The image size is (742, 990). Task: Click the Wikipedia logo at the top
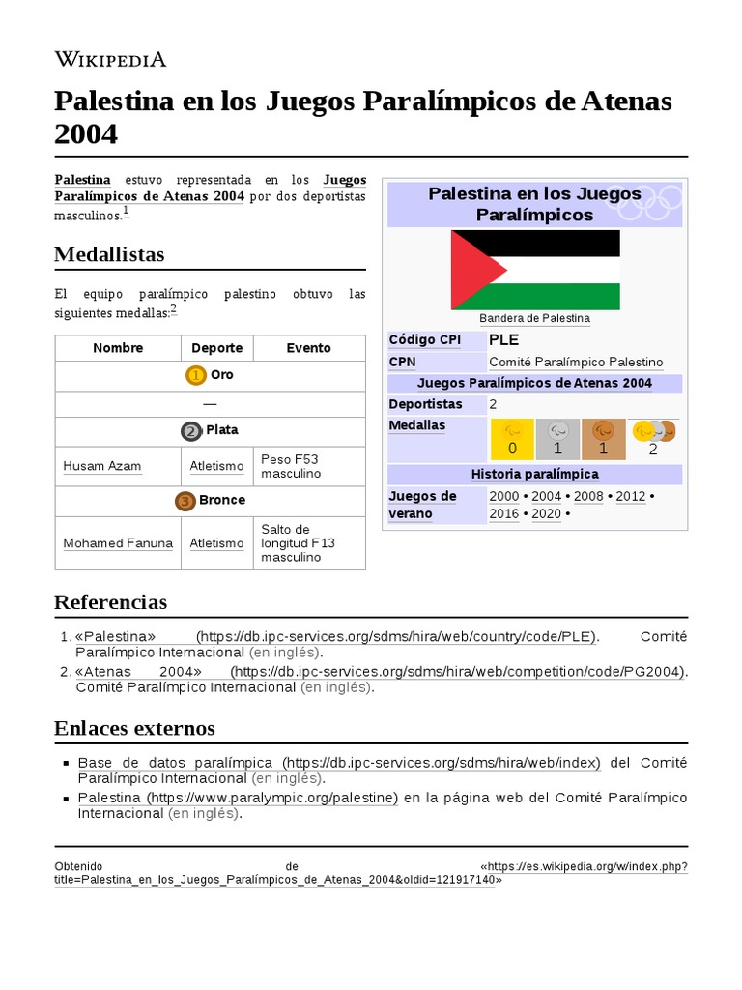pos(110,59)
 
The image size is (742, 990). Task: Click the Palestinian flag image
pos(535,270)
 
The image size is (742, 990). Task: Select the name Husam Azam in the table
pos(102,466)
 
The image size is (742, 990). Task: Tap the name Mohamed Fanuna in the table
pos(118,543)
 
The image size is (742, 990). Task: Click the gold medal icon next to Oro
pos(196,375)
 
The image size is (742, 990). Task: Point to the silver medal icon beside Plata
pos(191,430)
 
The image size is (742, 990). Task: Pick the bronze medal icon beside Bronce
pos(185,501)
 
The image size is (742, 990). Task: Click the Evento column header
pos(309,348)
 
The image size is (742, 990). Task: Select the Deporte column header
pos(216,348)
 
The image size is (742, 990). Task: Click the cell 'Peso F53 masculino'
pos(294,466)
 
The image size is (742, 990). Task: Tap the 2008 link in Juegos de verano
pos(588,496)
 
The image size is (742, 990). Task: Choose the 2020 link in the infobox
pos(546,514)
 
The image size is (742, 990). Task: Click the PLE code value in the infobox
pos(503,340)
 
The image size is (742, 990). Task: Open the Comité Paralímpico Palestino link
pos(576,363)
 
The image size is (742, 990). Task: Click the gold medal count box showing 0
pos(513,439)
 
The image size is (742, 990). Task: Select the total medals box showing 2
pos(653,439)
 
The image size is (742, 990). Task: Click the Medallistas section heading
pos(109,255)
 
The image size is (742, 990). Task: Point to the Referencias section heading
pos(110,602)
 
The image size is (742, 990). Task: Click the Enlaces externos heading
pos(134,728)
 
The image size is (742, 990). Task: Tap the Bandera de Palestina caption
pos(534,318)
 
